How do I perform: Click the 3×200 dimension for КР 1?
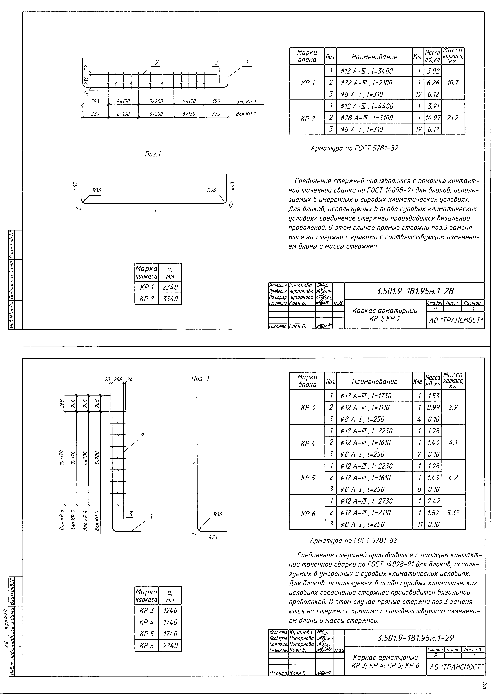point(156,101)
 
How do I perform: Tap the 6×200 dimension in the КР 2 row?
point(156,114)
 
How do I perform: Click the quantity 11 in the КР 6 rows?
point(419,524)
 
